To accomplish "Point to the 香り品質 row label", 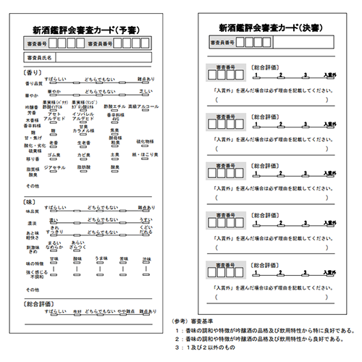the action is [34, 83].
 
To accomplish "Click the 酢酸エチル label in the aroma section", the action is [114, 106].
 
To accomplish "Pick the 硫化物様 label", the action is [143, 141].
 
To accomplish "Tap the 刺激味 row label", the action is [33, 246].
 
